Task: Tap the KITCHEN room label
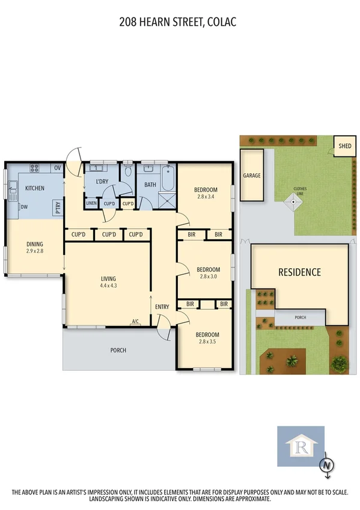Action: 34,188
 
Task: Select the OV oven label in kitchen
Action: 58,168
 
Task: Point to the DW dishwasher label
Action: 24,207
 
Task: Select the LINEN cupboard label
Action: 91,203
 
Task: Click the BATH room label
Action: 150,185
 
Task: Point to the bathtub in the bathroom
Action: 166,177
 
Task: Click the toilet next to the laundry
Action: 128,173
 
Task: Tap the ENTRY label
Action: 162,307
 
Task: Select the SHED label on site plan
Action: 344,146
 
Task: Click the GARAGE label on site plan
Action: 251,176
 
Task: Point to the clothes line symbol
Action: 293,203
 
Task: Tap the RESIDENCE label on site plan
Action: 299,272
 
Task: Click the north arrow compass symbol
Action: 326,465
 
